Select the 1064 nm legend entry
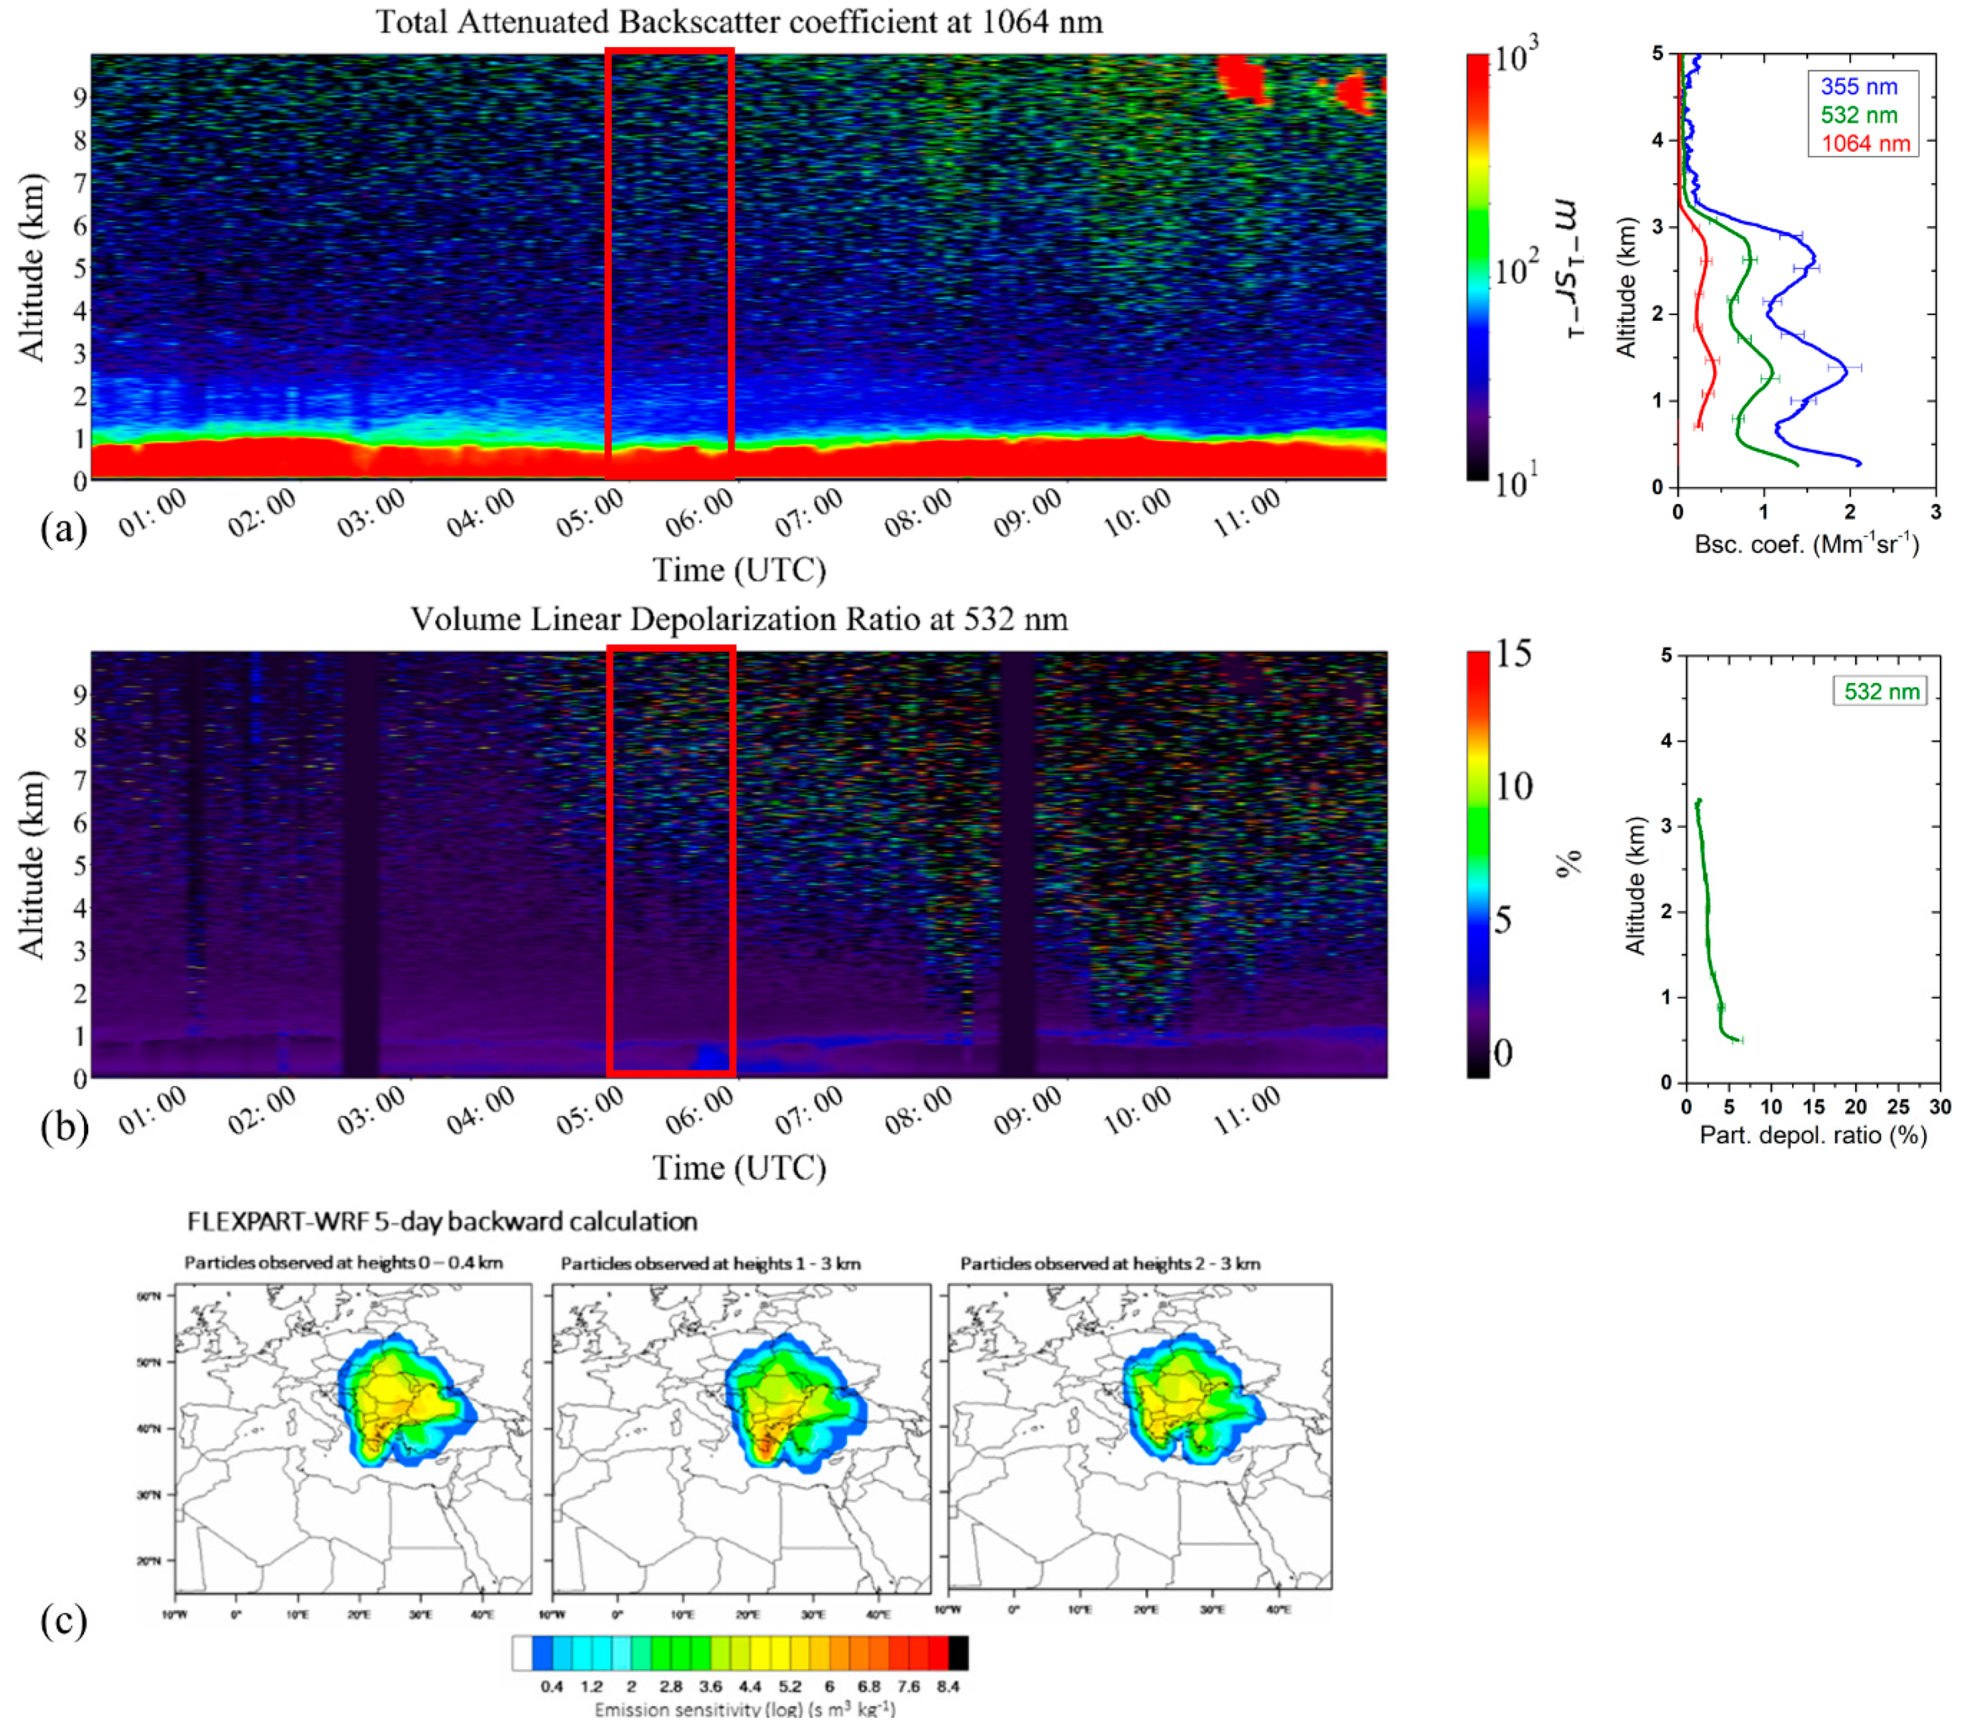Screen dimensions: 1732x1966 tap(1865, 144)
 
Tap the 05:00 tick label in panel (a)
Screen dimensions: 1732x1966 tap(590, 513)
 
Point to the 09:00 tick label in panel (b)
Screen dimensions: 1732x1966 tap(1027, 1111)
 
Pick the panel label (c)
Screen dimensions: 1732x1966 tap(64, 1621)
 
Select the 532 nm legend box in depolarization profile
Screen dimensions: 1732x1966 tap(1880, 691)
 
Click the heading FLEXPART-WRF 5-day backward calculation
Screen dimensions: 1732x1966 tap(442, 1222)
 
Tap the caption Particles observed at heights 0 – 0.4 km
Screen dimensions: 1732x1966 tap(344, 1264)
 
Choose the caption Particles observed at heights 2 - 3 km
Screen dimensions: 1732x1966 tap(1110, 1264)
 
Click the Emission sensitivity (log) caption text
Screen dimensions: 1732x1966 tap(744, 1710)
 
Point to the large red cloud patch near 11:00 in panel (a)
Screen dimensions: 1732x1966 tap(1242, 77)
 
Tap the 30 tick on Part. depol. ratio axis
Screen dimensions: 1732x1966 tap(1940, 1107)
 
